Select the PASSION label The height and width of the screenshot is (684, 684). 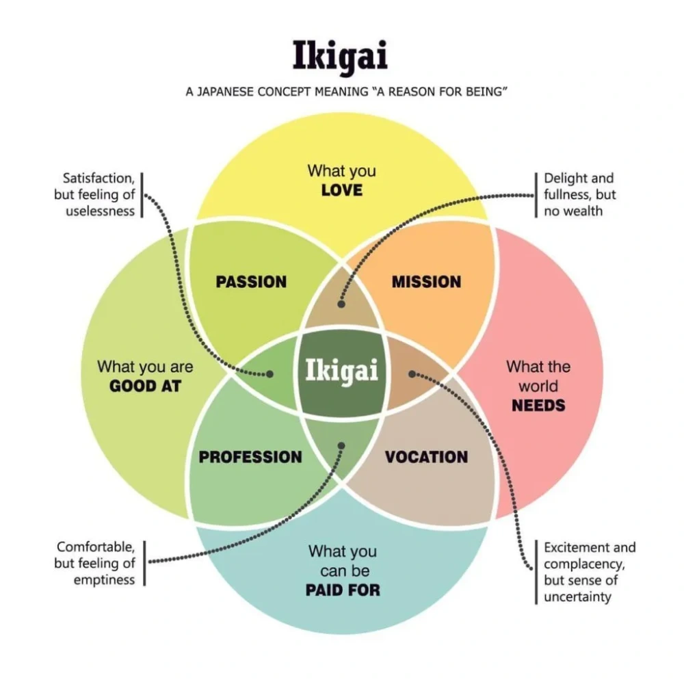(251, 282)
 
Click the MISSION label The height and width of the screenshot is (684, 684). (426, 282)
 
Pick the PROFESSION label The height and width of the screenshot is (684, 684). (250, 457)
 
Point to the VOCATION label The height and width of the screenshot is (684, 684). (426, 457)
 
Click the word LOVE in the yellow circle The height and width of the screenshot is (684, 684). (341, 190)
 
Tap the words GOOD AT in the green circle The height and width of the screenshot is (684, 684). (145, 386)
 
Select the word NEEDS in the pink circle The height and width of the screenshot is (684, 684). (538, 405)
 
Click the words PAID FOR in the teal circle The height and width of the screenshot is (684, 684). (343, 590)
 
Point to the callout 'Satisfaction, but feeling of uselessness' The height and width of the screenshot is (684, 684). (95, 194)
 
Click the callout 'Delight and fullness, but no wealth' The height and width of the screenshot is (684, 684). (579, 194)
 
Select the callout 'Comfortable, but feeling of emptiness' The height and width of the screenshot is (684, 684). (95, 563)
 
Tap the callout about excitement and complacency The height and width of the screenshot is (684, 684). (588, 572)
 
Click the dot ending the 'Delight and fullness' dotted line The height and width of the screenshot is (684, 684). (341, 304)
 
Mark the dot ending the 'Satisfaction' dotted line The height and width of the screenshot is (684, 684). (270, 374)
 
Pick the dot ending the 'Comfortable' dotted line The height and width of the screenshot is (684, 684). (341, 446)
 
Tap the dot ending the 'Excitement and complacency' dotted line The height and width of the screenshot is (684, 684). (412, 373)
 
